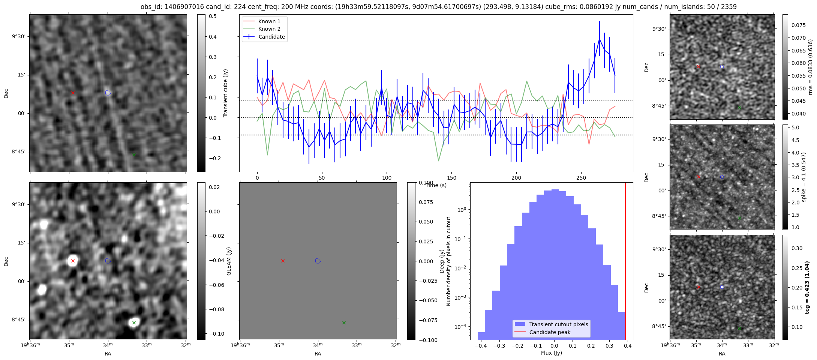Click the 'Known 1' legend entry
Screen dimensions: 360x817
(269, 21)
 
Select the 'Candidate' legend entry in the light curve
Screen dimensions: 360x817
(271, 37)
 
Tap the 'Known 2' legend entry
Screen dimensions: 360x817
(269, 29)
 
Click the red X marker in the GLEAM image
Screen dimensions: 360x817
(73, 261)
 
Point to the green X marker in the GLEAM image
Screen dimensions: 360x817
(134, 322)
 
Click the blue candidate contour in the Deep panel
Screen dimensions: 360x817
(318, 261)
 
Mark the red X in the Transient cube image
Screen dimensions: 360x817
(73, 93)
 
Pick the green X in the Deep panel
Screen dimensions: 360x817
(344, 322)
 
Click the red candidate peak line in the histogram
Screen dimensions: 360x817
(625, 262)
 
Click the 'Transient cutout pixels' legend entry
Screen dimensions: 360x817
(559, 324)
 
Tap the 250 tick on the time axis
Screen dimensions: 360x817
(581, 178)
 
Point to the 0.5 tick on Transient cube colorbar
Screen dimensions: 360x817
(213, 16)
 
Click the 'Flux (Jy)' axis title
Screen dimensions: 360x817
(551, 353)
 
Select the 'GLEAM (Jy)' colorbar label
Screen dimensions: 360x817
(229, 261)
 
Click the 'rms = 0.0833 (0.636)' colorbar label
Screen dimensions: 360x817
(811, 67)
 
